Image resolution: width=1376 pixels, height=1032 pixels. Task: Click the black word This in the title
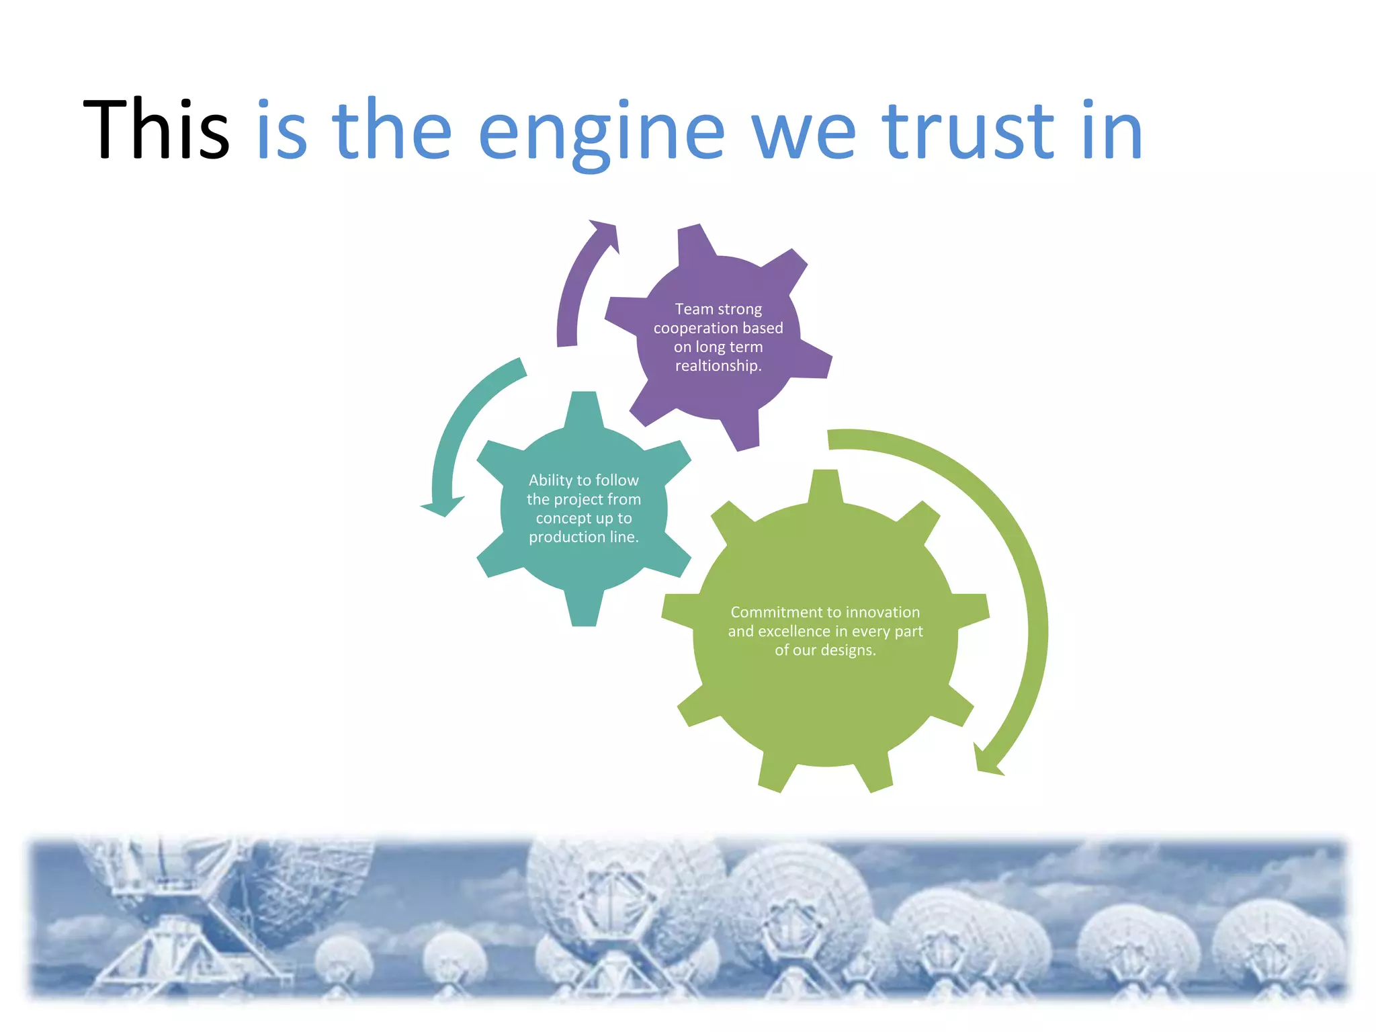[156, 130]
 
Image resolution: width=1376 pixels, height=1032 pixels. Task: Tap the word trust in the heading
[968, 131]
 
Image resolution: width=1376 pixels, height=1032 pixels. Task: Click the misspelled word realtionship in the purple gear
[718, 366]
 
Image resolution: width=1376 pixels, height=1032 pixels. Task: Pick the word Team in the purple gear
[693, 309]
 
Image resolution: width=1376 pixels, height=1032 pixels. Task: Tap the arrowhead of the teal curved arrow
[441, 506]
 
